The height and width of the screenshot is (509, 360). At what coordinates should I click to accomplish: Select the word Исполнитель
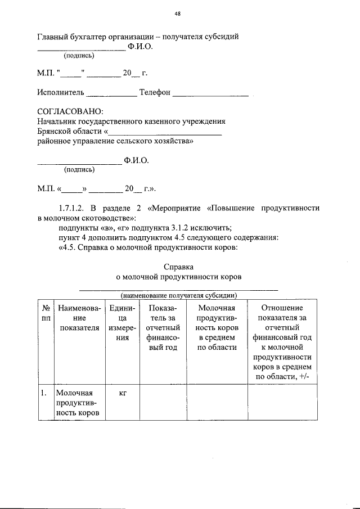(x=61, y=92)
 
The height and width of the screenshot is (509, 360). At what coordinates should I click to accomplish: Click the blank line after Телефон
(x=210, y=93)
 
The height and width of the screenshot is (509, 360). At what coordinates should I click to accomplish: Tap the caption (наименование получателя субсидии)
(x=178, y=295)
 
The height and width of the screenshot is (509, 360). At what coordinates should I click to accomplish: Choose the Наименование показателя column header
(x=79, y=318)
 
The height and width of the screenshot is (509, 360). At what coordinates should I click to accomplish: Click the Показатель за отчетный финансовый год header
(x=163, y=328)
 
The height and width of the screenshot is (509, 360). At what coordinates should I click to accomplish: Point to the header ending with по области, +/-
(x=282, y=343)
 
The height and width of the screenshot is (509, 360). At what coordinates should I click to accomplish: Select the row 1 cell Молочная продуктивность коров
(x=79, y=403)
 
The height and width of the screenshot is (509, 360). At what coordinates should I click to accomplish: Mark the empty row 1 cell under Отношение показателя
(x=282, y=403)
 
